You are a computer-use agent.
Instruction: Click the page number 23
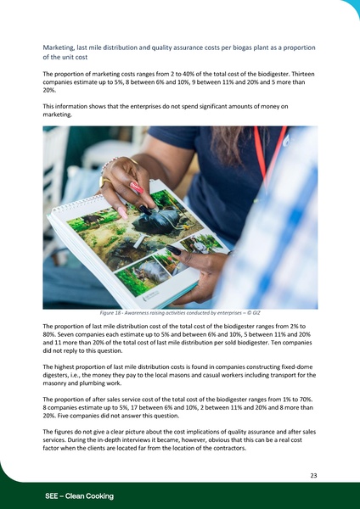pos(313,476)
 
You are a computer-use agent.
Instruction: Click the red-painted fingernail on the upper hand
pos(135,189)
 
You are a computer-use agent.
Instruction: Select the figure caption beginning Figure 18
pos(178,313)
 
